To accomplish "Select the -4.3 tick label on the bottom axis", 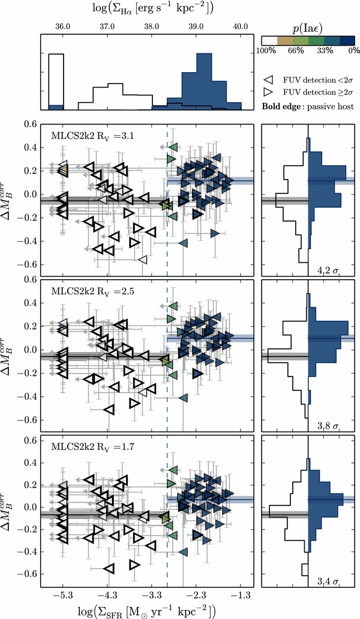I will pyautogui.click(x=107, y=593).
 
